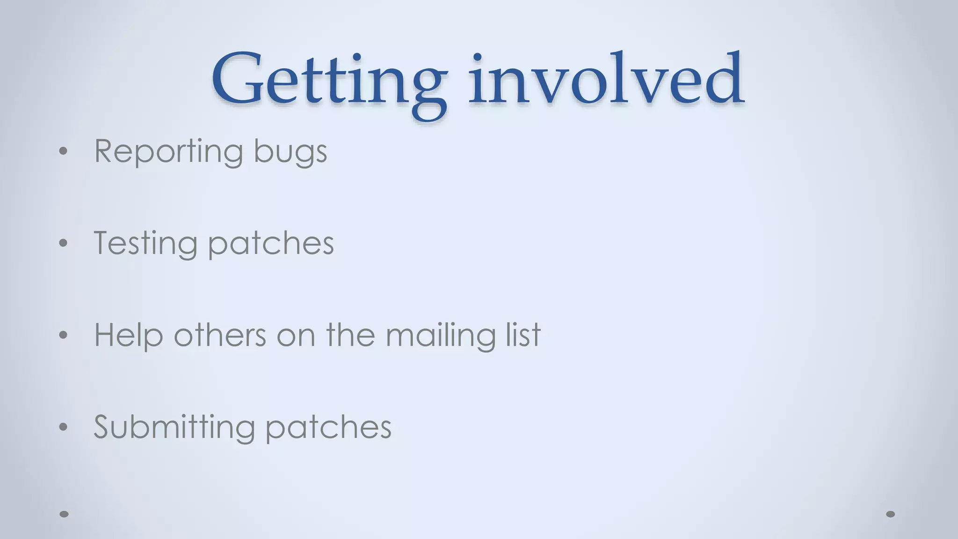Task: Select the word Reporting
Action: pos(168,152)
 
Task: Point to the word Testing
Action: pos(145,243)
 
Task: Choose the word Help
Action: pos(129,335)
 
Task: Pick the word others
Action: pos(220,335)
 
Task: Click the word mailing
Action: pos(440,335)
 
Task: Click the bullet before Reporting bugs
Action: pos(64,151)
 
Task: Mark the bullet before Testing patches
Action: pos(64,243)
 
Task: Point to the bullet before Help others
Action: pos(64,335)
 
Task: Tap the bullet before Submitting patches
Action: pos(64,427)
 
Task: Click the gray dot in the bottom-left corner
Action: pos(65,514)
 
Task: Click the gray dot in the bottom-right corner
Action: pos(891,514)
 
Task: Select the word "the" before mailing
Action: pos(350,335)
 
